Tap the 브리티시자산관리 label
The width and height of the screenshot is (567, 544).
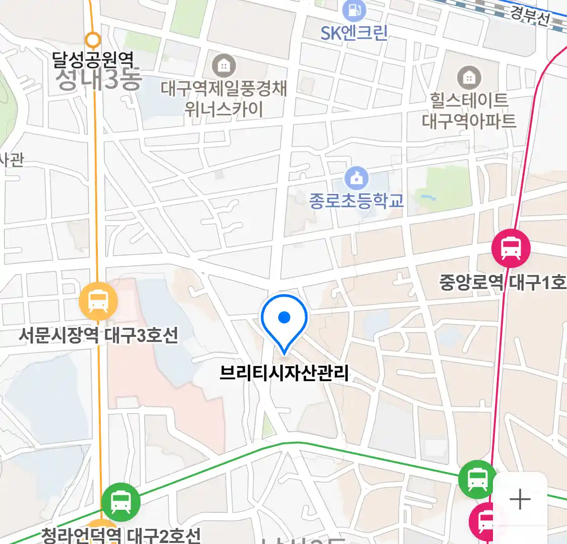point(284,373)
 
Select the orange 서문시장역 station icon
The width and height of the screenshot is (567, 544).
point(98,302)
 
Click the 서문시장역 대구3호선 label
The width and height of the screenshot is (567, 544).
point(99,335)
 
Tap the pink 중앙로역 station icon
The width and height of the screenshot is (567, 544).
point(511,248)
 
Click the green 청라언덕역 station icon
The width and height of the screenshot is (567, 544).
point(120,502)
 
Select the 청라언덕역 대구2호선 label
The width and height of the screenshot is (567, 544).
point(121,535)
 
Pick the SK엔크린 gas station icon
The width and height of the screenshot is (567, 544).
point(354,10)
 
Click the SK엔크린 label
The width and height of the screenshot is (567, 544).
point(354,33)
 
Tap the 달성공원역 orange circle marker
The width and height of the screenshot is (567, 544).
point(93,39)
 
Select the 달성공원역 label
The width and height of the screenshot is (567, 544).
point(93,60)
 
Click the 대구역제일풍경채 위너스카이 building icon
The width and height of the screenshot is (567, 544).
point(224,65)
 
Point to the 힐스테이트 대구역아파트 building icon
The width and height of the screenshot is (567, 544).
point(469,78)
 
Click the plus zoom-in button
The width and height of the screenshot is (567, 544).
point(520,500)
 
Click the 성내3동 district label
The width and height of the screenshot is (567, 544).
point(98,80)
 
